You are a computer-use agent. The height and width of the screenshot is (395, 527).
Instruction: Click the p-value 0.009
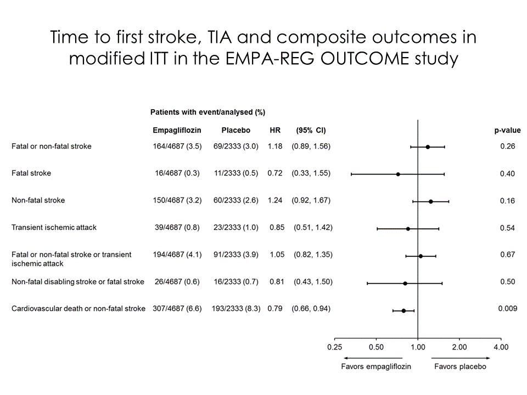507,309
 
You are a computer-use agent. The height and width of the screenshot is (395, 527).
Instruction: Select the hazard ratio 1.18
274,146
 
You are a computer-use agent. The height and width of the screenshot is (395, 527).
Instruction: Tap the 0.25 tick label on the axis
334,347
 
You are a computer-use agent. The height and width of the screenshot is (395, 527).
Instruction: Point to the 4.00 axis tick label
501,347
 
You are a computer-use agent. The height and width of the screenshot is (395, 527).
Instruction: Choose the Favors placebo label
459,366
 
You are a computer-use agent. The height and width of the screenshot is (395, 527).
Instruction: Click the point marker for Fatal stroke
398,174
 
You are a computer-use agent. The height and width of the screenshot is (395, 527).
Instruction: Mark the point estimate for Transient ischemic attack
408,228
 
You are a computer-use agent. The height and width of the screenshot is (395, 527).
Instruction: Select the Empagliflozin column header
177,131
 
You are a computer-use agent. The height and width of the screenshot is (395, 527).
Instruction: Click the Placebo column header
236,131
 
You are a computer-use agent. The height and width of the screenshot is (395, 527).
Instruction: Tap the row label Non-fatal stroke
38,200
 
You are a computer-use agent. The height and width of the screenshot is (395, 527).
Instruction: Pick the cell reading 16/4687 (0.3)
177,173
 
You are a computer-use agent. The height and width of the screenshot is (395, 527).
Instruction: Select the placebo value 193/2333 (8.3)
236,309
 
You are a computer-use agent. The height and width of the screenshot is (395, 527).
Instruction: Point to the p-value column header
507,131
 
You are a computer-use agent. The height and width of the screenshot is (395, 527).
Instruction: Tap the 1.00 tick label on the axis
418,347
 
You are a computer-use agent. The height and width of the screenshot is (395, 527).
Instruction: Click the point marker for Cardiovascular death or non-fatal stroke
403,311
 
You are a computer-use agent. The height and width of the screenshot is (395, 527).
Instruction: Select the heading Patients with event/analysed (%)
208,112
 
